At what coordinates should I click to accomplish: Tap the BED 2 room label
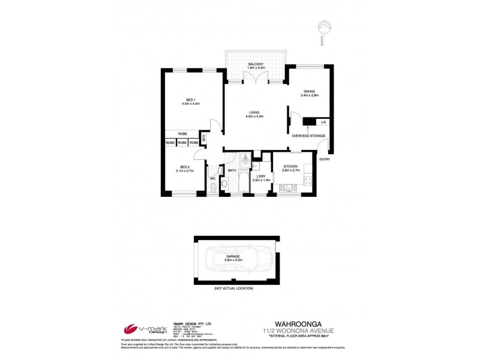point(185,169)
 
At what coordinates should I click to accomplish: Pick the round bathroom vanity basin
point(224,184)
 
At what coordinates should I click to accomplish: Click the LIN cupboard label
point(323,122)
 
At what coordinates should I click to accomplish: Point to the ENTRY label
point(324,159)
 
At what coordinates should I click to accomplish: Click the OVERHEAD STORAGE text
point(308,136)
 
